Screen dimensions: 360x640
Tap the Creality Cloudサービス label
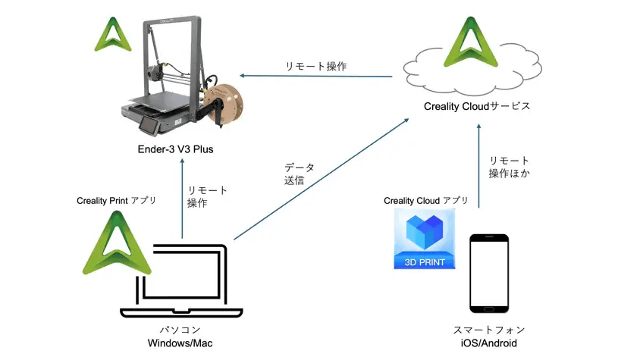click(x=477, y=106)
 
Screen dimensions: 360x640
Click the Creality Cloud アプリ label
click(x=425, y=201)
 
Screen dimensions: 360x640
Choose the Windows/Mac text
click(x=179, y=344)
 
